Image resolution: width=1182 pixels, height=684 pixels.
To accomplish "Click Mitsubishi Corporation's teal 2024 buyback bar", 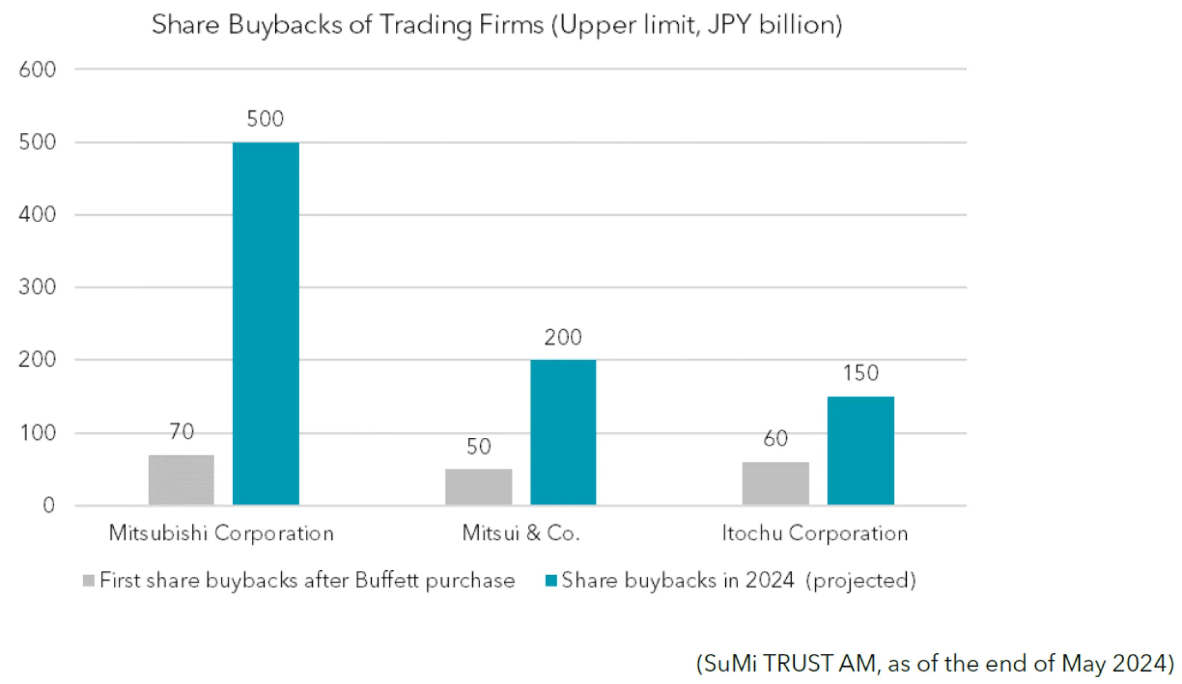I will (266, 324).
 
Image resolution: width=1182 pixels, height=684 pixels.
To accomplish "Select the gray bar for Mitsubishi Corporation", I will (181, 480).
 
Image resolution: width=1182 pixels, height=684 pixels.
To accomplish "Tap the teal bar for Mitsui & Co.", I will (563, 432).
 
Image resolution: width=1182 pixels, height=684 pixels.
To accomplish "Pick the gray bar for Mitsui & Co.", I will (478, 487).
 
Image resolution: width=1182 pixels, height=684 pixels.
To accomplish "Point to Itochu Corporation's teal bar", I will (861, 450).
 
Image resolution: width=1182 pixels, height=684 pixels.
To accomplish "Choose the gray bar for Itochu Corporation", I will (776, 483).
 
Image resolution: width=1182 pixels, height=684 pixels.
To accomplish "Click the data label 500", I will (265, 119).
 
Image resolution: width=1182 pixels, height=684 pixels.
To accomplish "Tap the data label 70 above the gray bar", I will (182, 432).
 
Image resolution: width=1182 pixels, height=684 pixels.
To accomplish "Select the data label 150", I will (861, 373).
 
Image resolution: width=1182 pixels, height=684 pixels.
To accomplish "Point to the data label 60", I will (776, 439).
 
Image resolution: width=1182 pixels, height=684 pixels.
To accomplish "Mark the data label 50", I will (478, 447).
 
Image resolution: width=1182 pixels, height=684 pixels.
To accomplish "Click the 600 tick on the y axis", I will (37, 70).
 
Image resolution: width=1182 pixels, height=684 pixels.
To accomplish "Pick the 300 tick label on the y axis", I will (37, 287).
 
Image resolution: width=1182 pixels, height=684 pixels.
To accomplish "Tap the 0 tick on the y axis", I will (49, 506).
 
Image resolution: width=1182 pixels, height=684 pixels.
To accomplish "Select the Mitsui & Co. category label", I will (521, 533).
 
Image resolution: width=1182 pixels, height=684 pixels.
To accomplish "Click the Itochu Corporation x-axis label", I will (814, 533).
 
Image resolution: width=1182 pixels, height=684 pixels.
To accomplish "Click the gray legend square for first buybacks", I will (89, 580).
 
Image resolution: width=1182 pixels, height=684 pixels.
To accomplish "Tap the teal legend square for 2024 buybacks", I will (551, 580).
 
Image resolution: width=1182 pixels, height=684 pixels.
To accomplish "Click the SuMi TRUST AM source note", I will (935, 663).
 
